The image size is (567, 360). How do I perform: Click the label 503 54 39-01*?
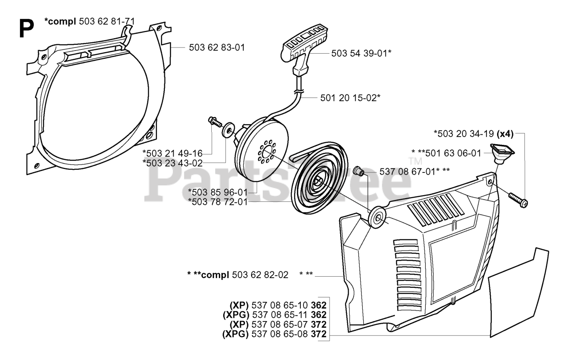click(x=361, y=53)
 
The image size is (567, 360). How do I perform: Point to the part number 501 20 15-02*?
click(x=350, y=97)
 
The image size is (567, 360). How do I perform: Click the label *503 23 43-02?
click(x=172, y=163)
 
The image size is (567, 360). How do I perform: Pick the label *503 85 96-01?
click(x=217, y=192)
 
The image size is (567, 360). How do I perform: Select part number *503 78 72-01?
click(x=217, y=202)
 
